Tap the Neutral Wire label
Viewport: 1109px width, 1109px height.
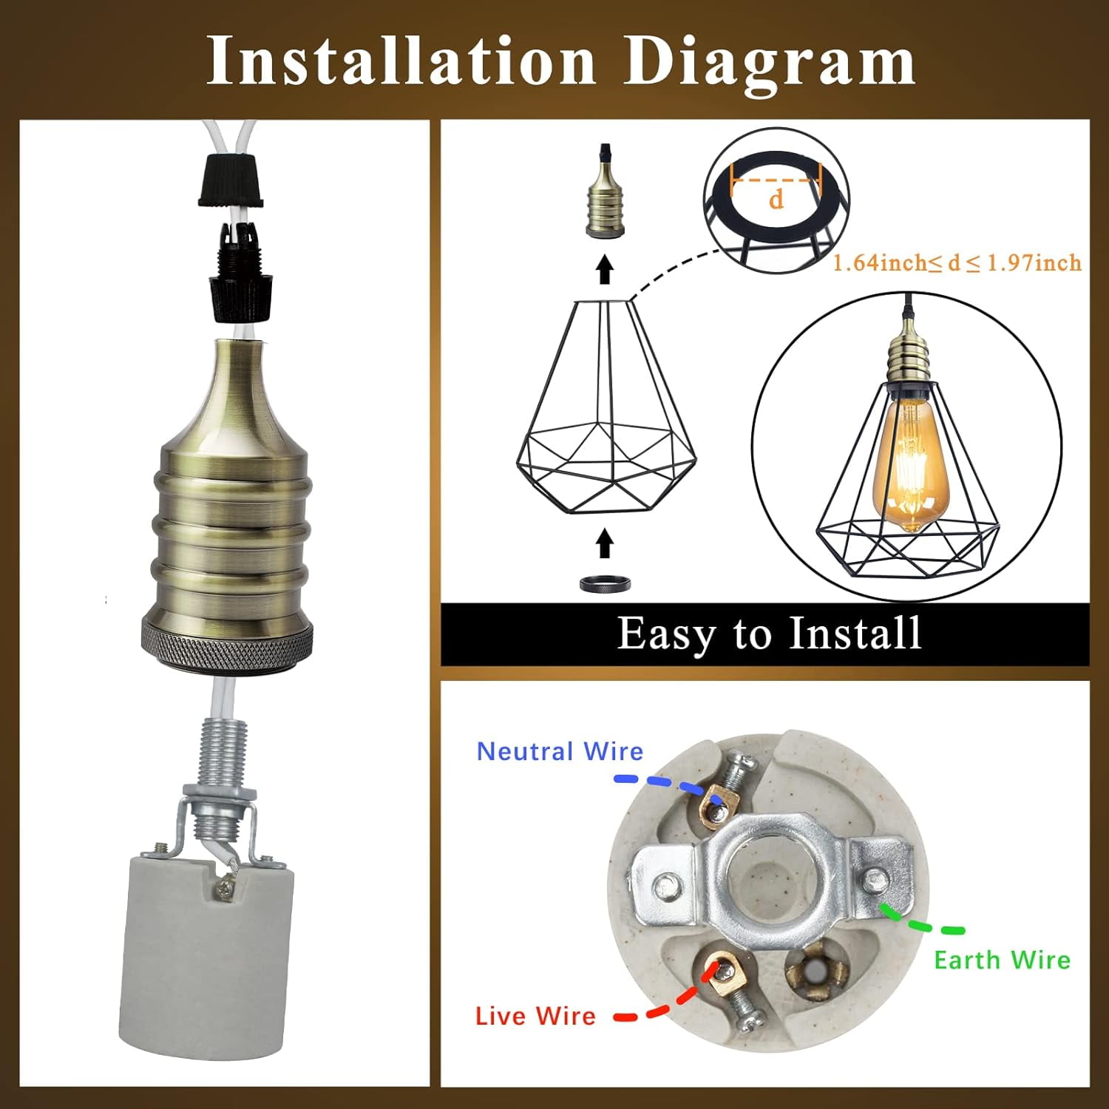(560, 751)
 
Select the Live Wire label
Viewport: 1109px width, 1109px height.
(535, 1016)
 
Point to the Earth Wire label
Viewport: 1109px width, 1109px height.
(1002, 960)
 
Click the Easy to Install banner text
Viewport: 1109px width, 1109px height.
(769, 634)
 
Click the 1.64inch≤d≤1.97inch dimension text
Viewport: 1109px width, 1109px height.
(957, 262)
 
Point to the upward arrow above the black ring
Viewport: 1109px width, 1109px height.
(605, 543)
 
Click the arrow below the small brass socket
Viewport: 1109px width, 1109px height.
(605, 269)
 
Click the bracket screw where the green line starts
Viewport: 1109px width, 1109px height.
(875, 880)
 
